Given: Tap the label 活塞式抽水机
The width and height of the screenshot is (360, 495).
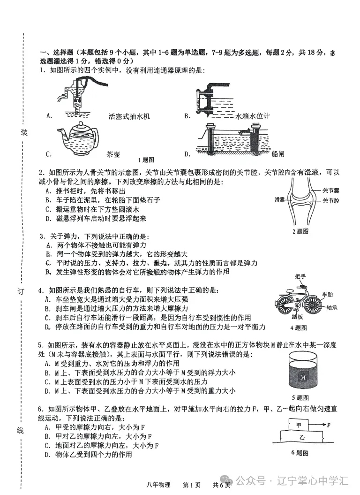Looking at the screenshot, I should click(128, 116).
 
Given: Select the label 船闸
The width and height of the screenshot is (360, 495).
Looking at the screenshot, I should click(277, 154).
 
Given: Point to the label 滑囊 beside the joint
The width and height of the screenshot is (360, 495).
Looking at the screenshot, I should click(280, 199).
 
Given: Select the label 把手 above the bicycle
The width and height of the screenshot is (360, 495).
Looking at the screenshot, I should click(300, 276).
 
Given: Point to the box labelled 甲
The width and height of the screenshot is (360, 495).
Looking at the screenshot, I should click(299, 425).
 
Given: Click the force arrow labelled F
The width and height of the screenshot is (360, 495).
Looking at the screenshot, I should click(323, 426).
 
